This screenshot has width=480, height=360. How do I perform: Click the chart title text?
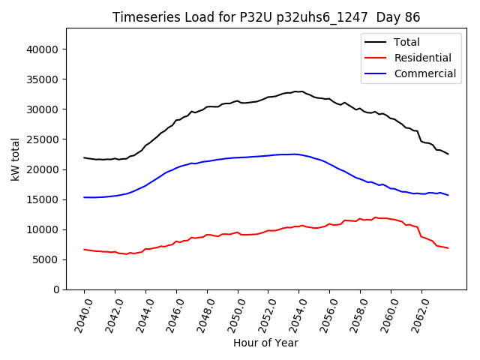click(x=266, y=17)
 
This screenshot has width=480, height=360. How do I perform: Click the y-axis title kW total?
click(x=16, y=159)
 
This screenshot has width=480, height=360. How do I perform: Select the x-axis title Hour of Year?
click(x=265, y=343)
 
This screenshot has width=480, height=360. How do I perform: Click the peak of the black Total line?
click(x=295, y=91)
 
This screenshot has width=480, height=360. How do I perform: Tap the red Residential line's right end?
click(x=448, y=248)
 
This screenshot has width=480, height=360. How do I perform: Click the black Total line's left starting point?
click(x=84, y=157)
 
